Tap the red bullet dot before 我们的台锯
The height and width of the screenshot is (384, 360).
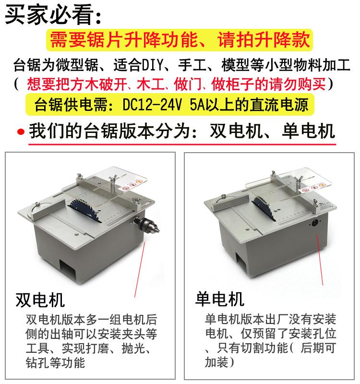point(21,132)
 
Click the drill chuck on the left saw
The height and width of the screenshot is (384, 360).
point(146,224)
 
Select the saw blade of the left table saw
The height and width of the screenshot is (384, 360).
point(85,210)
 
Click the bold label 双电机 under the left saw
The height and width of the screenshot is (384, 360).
point(40,300)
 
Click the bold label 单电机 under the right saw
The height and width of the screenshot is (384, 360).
point(220,299)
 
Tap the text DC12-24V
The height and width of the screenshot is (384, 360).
point(152,105)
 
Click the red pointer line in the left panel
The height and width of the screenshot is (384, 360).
point(140,270)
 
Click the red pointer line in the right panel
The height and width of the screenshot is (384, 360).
point(320,260)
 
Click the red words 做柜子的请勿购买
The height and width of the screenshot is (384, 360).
point(269,84)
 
